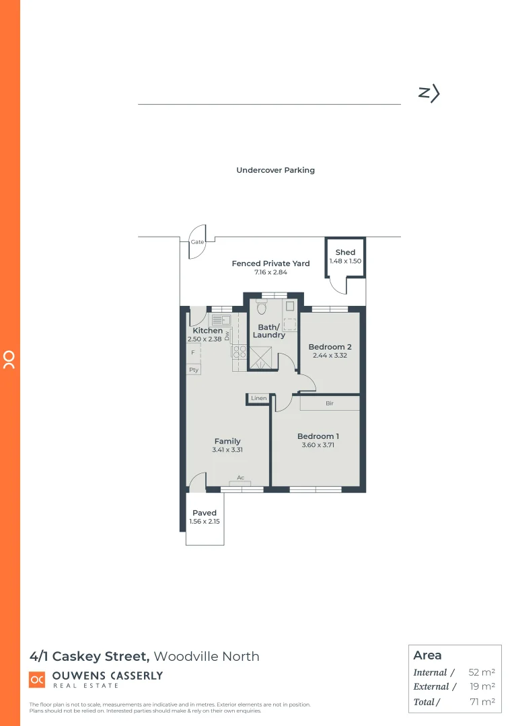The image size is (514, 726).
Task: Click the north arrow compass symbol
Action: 429,93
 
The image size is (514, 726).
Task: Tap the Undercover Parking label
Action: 275,171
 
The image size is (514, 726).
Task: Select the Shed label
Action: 345,253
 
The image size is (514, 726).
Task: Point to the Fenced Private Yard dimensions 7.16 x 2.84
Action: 270,272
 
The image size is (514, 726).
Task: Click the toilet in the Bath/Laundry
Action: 262,308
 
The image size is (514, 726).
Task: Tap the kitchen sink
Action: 221,319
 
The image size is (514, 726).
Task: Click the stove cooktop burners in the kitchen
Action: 240,352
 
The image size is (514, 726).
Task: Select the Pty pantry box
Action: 193,370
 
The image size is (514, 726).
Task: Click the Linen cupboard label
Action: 259,399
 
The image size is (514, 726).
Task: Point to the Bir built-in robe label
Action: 330,403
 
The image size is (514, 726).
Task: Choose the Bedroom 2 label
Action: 330,347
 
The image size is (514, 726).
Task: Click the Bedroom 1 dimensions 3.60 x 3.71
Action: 318,445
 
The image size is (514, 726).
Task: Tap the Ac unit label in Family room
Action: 240,479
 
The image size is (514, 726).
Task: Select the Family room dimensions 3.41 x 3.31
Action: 227,450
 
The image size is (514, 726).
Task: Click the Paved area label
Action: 205,513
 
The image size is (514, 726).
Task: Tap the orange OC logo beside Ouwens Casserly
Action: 37,680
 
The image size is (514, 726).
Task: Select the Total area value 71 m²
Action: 482,702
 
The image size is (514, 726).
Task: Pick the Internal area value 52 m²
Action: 482,672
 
